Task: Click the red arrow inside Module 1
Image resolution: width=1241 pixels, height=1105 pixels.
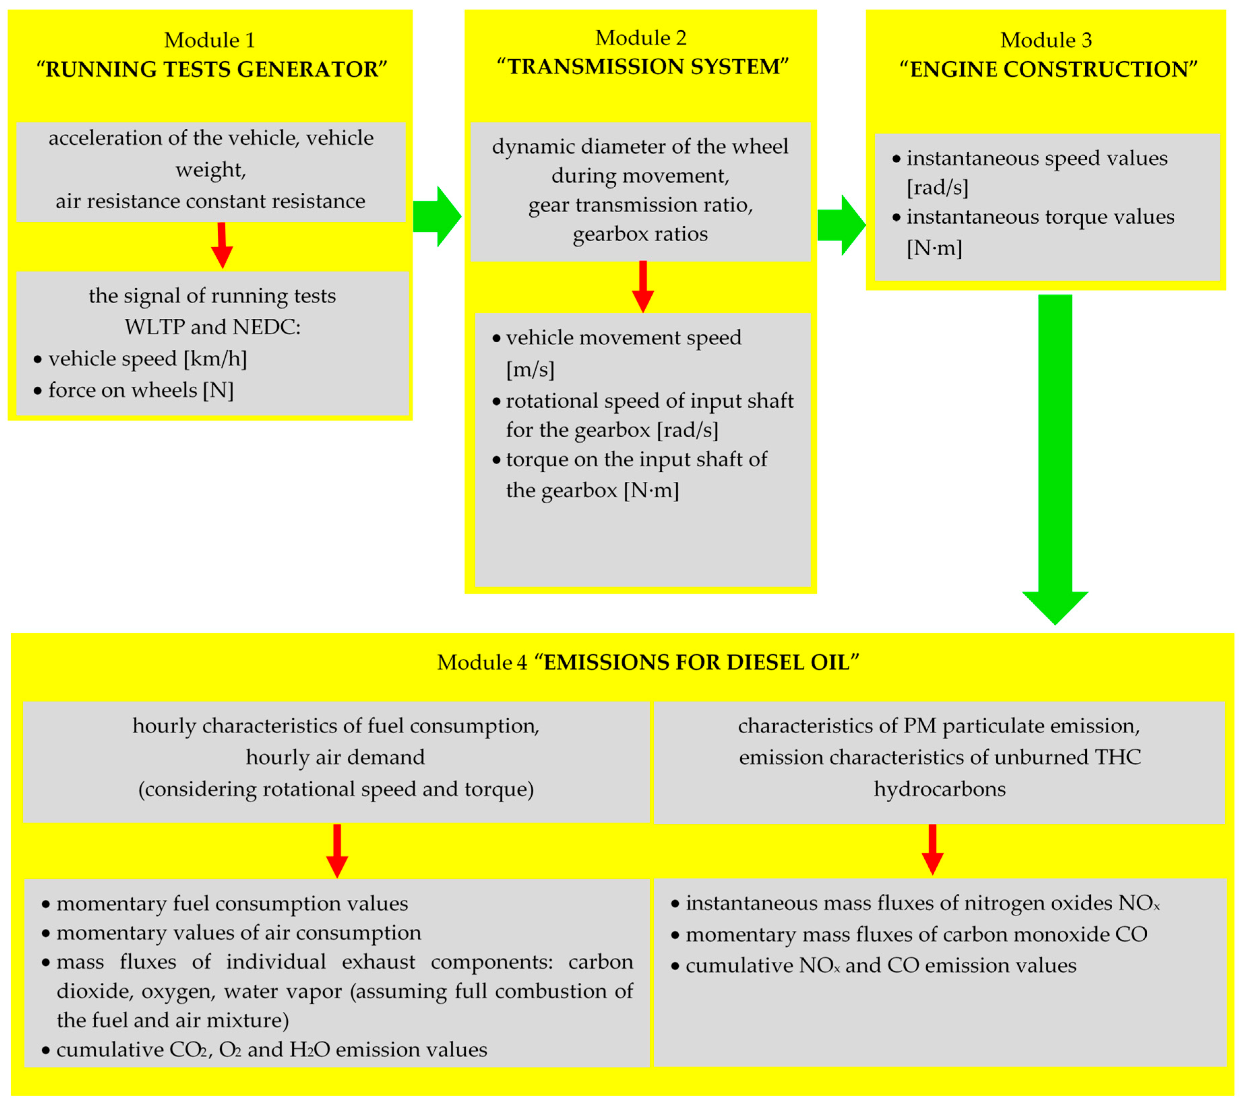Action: pyautogui.click(x=222, y=245)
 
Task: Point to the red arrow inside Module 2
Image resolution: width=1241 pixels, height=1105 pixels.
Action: pyautogui.click(x=643, y=287)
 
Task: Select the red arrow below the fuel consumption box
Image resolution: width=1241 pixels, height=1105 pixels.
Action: pyautogui.click(x=337, y=850)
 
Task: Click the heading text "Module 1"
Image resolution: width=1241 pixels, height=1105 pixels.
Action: pyautogui.click(x=210, y=40)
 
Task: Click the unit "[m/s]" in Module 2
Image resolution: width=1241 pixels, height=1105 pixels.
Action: pyautogui.click(x=530, y=369)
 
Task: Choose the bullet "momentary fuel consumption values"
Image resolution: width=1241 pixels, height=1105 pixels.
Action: pyautogui.click(x=232, y=904)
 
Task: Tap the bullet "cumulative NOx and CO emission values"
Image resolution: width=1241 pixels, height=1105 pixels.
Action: pyautogui.click(x=880, y=965)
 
